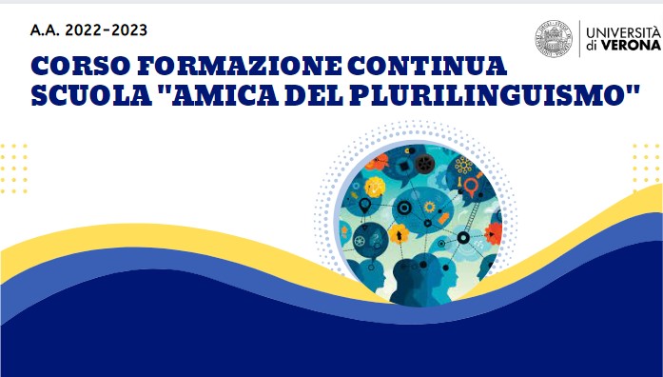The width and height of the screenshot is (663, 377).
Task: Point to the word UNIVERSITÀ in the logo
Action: coord(621,31)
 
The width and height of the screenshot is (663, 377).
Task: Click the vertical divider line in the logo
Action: coord(579,40)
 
